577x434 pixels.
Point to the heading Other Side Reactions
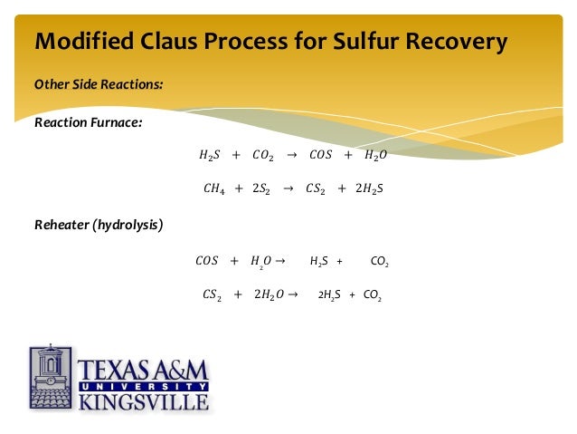[x=99, y=84]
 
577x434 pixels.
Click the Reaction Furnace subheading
[x=88, y=122]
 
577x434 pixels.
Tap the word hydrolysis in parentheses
[x=129, y=224]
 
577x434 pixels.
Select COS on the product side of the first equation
[x=320, y=155]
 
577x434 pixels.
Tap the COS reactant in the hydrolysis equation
[x=206, y=261]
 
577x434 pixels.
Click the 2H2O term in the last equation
[x=269, y=294]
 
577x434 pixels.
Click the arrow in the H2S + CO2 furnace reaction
[x=290, y=155]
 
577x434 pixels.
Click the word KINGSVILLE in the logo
[x=145, y=400]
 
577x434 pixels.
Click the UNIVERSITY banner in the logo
[x=144, y=385]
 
